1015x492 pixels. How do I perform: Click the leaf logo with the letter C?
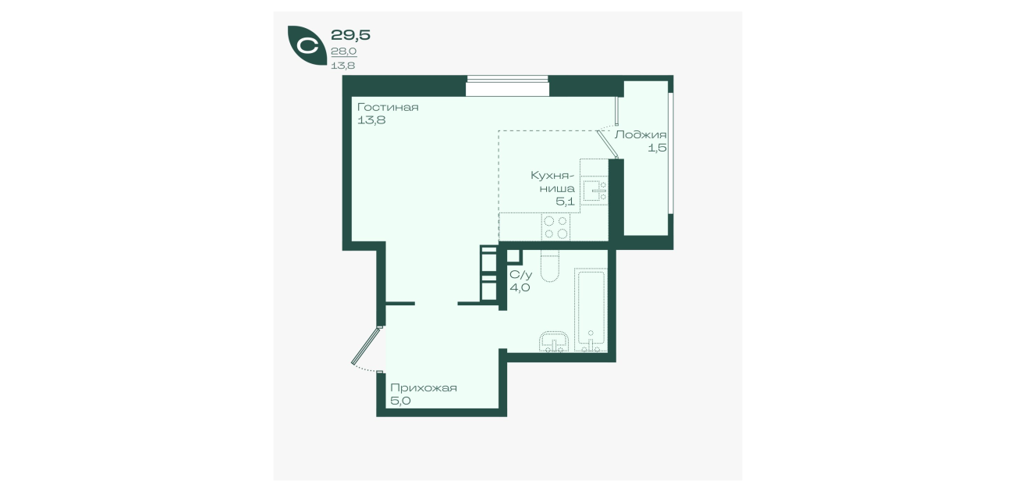coord(307,45)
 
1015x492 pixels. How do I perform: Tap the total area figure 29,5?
coord(350,35)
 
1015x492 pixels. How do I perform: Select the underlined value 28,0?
coord(343,52)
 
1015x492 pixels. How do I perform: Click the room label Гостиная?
coord(388,108)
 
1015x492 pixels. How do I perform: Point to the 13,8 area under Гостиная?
coord(371,120)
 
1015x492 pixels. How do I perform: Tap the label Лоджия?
coord(641,135)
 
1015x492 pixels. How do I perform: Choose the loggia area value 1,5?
coord(657,148)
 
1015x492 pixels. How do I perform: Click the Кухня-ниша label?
coord(552,181)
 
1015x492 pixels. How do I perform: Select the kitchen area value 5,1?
coord(565,201)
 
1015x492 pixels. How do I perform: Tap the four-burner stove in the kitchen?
coord(555,227)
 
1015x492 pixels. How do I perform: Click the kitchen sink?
coord(594,191)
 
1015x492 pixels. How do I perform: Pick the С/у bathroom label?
coord(520,275)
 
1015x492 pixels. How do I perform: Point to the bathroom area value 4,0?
coord(520,287)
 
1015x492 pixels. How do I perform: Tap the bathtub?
coord(591,310)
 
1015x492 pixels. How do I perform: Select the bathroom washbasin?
coord(554,342)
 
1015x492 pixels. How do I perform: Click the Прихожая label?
coord(423,388)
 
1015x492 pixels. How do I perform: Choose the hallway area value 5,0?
coord(400,401)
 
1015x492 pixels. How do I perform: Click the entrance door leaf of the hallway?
coord(365,346)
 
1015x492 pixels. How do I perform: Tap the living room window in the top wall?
coord(507,86)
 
